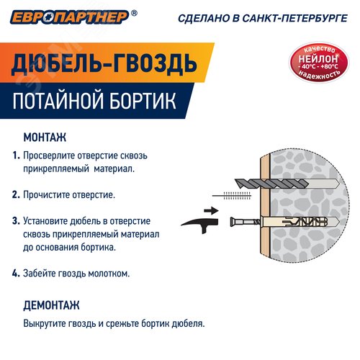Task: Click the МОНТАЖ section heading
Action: [45, 137]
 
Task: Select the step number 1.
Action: [16, 155]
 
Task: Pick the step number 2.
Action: [16, 194]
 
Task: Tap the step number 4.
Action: [16, 274]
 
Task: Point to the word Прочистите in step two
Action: [45, 194]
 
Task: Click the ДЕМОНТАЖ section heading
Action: [51, 305]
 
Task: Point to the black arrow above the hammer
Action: [210, 210]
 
